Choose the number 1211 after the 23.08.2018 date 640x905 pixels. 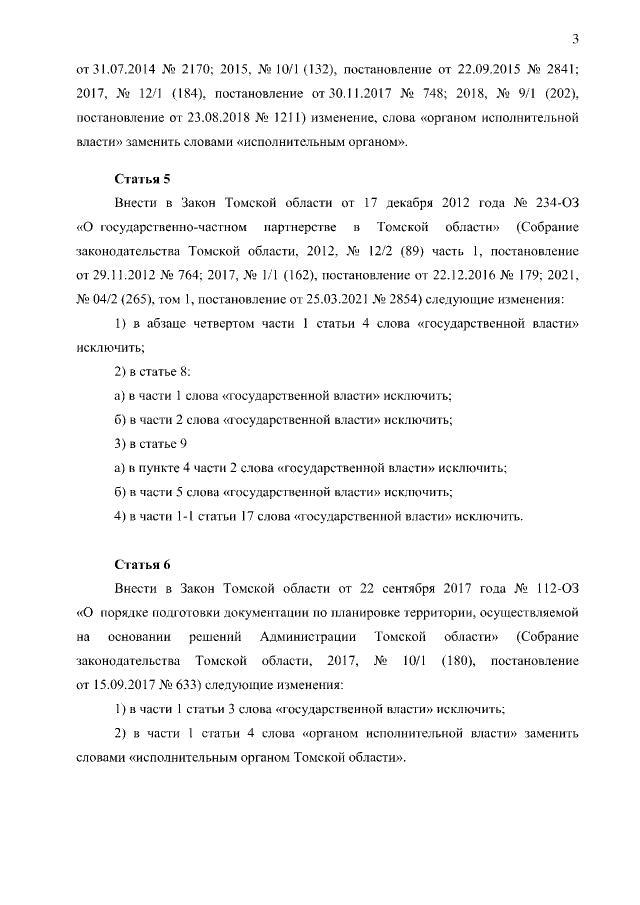point(290,118)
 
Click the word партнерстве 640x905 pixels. point(297,227)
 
